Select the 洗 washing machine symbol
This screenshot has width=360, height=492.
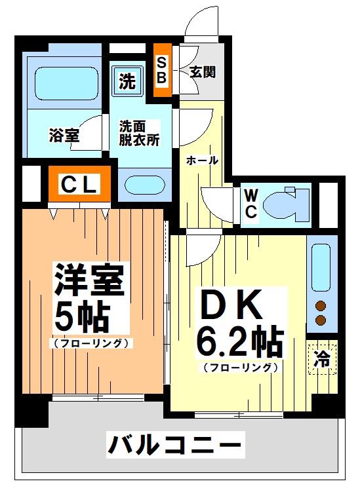(x=127, y=81)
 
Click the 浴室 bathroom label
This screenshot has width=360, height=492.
(x=64, y=136)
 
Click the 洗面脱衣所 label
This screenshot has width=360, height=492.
(x=139, y=133)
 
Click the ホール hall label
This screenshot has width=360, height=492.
(x=202, y=161)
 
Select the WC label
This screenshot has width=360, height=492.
(x=250, y=204)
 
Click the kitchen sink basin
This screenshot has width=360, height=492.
(x=321, y=267)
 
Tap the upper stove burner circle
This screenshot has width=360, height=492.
(x=321, y=305)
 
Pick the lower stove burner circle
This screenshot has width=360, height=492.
(x=321, y=320)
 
